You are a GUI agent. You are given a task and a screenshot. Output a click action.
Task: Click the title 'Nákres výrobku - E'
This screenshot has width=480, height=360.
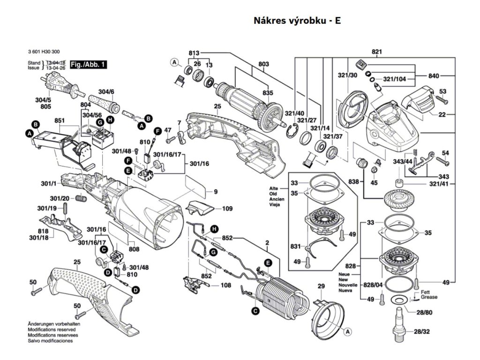(x=297, y=21)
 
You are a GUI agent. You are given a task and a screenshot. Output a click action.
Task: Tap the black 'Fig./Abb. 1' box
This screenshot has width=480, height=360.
(x=88, y=64)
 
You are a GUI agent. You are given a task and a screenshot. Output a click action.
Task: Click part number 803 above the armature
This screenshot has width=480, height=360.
(x=263, y=64)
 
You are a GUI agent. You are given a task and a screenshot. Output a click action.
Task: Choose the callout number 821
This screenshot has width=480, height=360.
(x=377, y=52)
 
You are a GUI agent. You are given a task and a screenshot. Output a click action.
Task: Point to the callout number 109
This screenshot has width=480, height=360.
(x=227, y=208)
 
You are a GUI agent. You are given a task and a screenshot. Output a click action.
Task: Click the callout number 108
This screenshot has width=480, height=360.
(x=226, y=285)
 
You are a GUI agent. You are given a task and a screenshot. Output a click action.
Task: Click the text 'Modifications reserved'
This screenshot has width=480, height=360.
(x=53, y=330)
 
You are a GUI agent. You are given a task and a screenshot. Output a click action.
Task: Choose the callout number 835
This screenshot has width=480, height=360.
(x=267, y=93)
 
